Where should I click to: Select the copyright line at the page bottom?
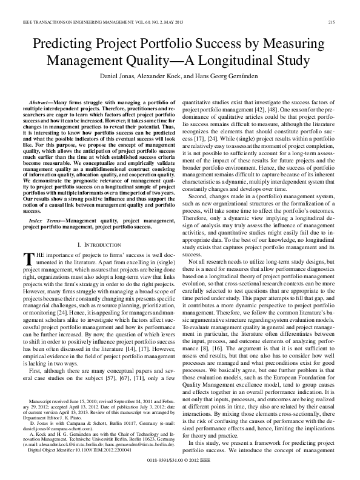click(x=180, y=461)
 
